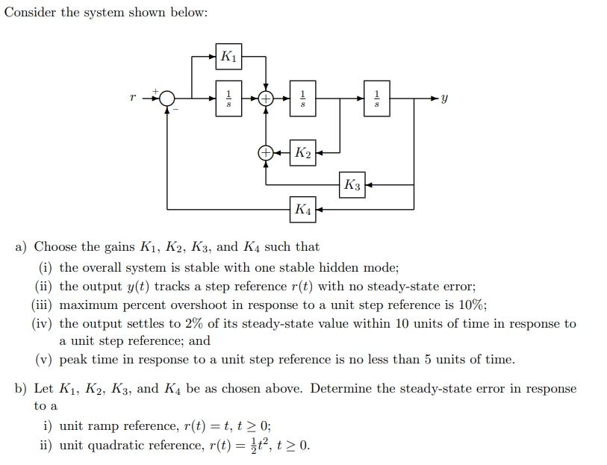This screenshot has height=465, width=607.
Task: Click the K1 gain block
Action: click(228, 56)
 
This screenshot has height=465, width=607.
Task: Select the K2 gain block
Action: click(302, 153)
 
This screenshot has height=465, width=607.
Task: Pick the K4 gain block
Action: click(303, 208)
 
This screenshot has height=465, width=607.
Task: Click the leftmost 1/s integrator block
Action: click(228, 98)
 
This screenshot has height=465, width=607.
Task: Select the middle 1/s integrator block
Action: click(302, 98)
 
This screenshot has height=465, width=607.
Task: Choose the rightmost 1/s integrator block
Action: click(376, 98)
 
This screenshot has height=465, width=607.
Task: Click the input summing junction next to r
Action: click(167, 98)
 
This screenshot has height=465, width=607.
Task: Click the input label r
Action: click(133, 97)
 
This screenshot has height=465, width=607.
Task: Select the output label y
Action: click(444, 99)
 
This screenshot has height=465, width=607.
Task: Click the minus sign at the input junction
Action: click(176, 110)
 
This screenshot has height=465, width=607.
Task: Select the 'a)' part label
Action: click(22, 247)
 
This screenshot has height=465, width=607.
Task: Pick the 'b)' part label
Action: click(22, 389)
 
